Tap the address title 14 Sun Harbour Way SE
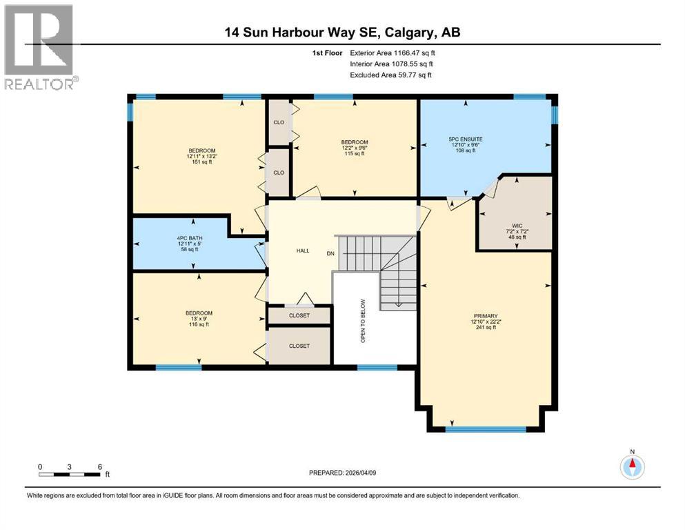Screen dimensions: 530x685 click(x=341, y=32)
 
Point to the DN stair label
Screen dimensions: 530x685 click(x=331, y=253)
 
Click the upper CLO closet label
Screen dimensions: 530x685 click(x=279, y=123)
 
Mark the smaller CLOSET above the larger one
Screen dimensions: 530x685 click(x=299, y=315)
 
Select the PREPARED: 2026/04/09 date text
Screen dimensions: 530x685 click(x=342, y=473)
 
